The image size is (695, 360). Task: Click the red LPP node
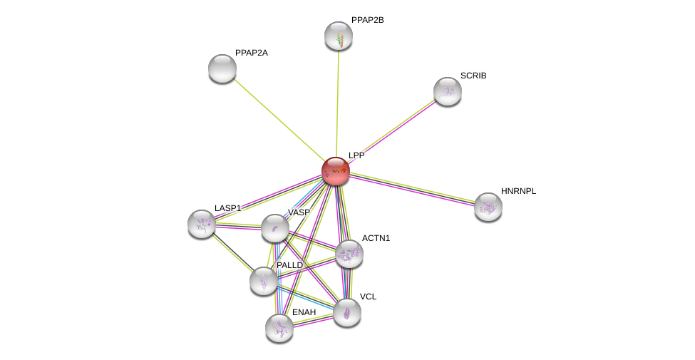[336, 171]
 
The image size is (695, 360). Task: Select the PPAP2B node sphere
[339, 36]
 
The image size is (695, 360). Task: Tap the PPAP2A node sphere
[222, 68]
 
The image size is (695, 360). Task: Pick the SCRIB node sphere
[448, 92]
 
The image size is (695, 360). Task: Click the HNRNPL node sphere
[488, 207]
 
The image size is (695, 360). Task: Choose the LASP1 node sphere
[202, 225]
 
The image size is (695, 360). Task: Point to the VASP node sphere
[275, 229]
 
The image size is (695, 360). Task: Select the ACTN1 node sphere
[349, 254]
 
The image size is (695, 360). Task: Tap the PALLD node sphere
[264, 282]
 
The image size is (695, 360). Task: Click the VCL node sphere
[347, 313]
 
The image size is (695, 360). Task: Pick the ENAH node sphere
[279, 329]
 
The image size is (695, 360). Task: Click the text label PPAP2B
[367, 21]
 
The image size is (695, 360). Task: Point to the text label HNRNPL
[519, 192]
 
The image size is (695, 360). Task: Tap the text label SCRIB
[473, 76]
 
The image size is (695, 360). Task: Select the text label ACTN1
[376, 239]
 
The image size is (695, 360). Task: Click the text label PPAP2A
[252, 53]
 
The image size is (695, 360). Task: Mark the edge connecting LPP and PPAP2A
[278, 119]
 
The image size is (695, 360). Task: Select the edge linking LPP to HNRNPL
[412, 189]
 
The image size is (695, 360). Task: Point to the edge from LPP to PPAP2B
[337, 104]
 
